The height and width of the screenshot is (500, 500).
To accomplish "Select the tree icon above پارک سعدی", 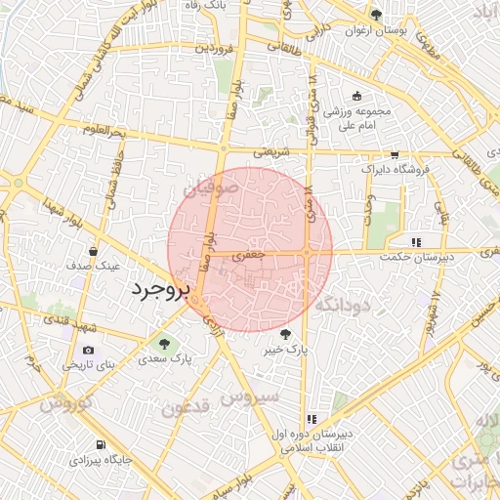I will point(164,344).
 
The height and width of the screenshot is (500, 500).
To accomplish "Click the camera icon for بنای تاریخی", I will point(89,351).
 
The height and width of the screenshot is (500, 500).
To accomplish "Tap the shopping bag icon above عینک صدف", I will point(92,250).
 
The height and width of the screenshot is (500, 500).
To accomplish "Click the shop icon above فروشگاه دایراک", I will point(395,154).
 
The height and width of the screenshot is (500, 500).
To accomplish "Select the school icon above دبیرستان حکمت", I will point(416,241).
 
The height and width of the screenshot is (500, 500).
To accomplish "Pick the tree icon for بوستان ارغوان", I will point(377,15).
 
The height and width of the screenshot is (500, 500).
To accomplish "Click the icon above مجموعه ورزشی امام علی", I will point(357,96).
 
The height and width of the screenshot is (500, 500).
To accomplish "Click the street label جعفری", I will point(255,254).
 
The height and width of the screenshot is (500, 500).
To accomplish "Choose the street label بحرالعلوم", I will point(105,131).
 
